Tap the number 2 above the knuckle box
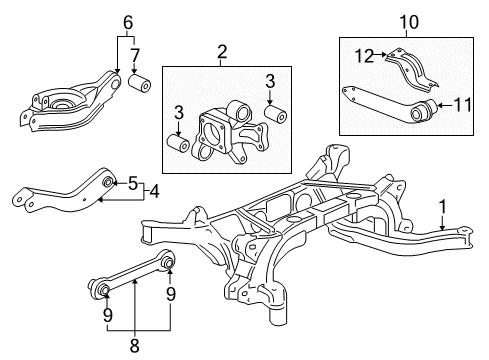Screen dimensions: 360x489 [222, 52]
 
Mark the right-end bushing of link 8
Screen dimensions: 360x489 [167, 262]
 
